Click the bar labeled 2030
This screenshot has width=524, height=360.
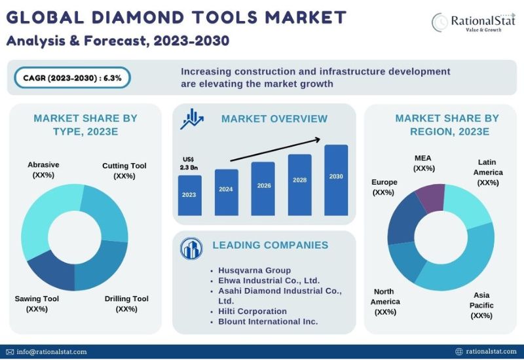[336, 180]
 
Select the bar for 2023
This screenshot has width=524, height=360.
[189, 195]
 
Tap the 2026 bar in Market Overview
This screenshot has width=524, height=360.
[263, 189]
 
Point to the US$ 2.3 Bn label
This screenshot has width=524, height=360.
[189, 163]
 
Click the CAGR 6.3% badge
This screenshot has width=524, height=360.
[72, 78]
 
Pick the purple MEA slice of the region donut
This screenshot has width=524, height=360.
[431, 197]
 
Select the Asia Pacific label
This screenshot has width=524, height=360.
[481, 305]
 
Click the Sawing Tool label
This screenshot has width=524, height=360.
[37, 304]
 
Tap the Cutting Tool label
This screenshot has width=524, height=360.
[124, 171]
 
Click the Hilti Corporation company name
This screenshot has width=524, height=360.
[252, 312]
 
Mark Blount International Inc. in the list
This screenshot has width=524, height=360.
[268, 321]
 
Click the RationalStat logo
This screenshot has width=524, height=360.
[473, 22]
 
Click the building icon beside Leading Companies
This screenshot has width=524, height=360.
[191, 249]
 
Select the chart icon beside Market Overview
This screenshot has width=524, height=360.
[192, 118]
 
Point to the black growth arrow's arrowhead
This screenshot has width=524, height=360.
[318, 139]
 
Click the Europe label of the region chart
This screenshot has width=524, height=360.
[384, 187]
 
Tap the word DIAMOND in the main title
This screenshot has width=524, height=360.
[138, 18]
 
